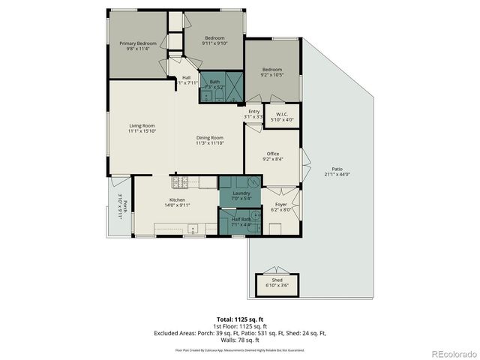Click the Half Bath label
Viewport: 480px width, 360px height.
point(241,221)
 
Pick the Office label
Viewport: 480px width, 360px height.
point(273,156)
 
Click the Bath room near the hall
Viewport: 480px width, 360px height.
point(215,85)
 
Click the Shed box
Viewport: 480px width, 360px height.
point(277,283)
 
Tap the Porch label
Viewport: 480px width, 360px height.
point(120,208)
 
